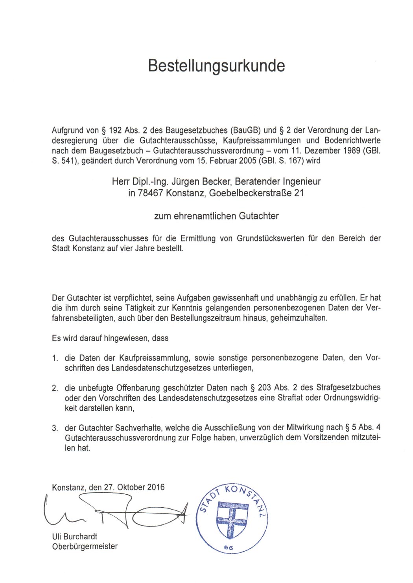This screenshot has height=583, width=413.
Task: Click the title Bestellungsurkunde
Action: (216, 66)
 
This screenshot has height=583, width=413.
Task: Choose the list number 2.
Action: (55, 388)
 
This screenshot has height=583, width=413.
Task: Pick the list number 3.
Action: (55, 428)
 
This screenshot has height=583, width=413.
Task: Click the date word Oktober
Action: (131, 487)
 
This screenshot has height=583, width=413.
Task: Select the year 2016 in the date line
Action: (156, 487)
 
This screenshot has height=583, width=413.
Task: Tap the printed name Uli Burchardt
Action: (74, 536)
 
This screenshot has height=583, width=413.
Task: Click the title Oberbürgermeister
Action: (85, 546)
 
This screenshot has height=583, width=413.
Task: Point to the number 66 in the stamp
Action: (229, 548)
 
